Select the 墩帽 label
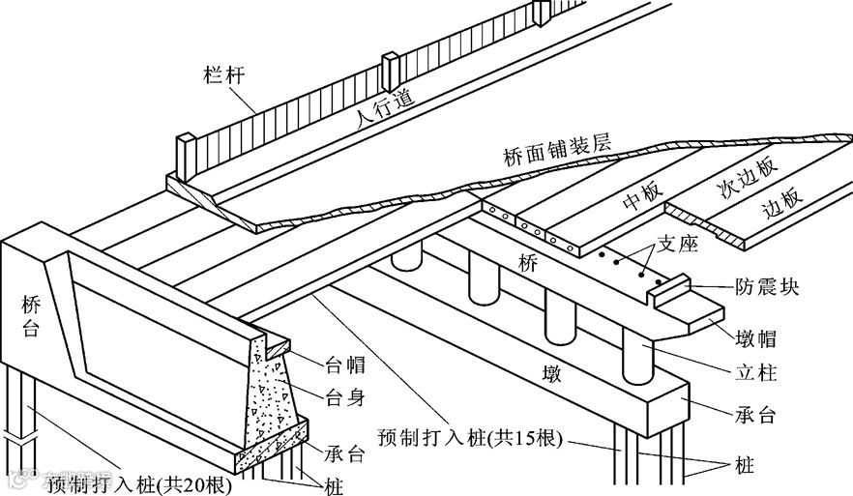click(756, 338)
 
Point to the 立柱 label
click(755, 372)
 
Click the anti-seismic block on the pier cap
click(670, 291)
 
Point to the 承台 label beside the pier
click(755, 416)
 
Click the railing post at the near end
click(186, 156)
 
